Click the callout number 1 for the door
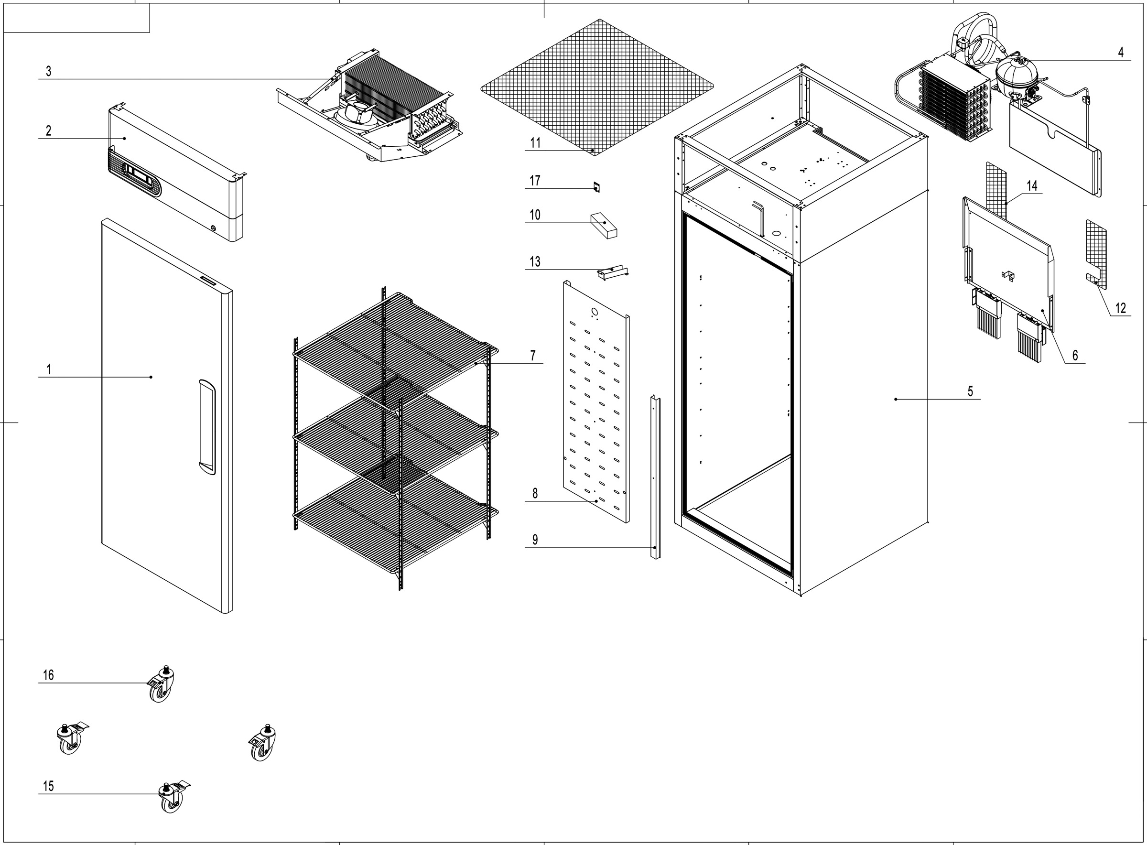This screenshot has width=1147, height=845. [49, 369]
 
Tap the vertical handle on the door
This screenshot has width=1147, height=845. [206, 427]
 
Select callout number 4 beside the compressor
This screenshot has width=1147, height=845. [1120, 52]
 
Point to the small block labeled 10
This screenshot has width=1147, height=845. [604, 226]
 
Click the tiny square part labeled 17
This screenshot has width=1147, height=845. [596, 187]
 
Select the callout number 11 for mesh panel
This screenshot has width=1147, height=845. [535, 143]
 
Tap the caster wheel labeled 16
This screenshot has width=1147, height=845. [161, 687]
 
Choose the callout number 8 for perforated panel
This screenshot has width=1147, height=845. [535, 493]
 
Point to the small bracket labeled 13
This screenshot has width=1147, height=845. [612, 271]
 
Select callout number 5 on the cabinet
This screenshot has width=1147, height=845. [970, 391]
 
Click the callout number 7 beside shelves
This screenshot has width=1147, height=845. [533, 355]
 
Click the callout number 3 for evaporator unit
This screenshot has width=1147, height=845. [49, 71]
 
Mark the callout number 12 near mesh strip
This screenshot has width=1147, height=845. [1120, 308]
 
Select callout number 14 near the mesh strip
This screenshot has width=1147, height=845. [1032, 185]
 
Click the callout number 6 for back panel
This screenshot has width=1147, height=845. [1075, 355]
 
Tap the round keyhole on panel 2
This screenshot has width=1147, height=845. [213, 228]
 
